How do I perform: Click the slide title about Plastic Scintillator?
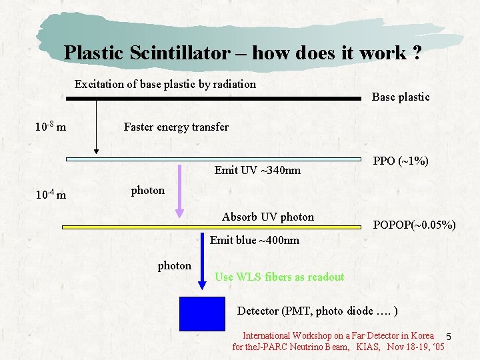click(x=242, y=53)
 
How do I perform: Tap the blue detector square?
click(x=203, y=313)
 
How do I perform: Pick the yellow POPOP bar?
click(x=213, y=227)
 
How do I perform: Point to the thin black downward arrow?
click(x=97, y=127)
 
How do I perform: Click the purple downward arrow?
click(x=179, y=190)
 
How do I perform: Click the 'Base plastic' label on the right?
click(x=401, y=97)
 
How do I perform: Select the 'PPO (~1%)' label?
click(x=401, y=161)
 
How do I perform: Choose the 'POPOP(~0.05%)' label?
click(x=414, y=225)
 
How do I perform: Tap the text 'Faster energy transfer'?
click(x=176, y=127)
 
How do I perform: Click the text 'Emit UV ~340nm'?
click(x=257, y=171)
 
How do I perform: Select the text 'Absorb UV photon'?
click(x=267, y=217)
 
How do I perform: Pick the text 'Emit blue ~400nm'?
click(x=254, y=240)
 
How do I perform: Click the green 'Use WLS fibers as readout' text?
click(x=279, y=277)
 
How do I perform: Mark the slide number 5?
click(x=449, y=336)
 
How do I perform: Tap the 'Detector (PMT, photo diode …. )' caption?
click(x=318, y=311)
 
